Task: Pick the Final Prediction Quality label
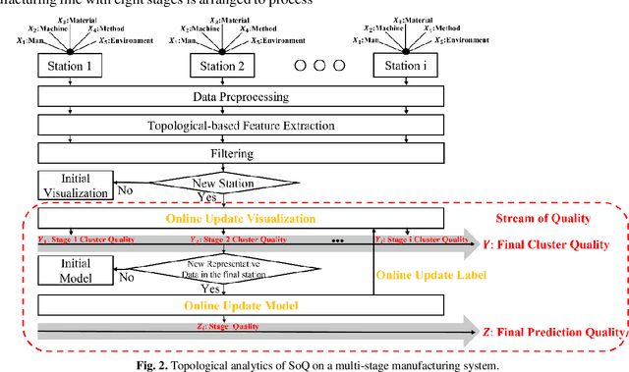[557, 331]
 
